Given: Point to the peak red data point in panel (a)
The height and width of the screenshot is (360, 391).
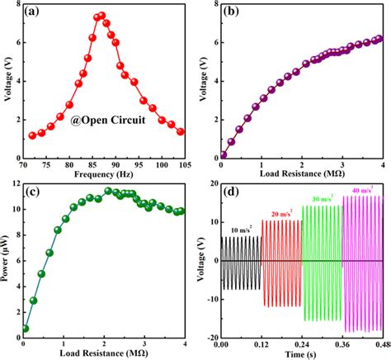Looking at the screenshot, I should tap(101, 15).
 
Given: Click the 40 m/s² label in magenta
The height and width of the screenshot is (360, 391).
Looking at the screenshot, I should tap(361, 191).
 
